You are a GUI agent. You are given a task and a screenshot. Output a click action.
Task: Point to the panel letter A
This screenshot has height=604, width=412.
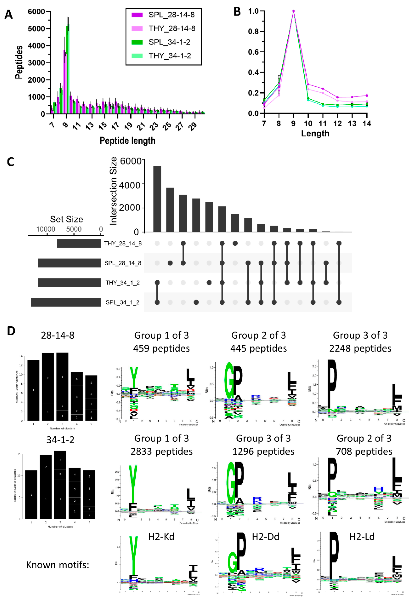[9, 15]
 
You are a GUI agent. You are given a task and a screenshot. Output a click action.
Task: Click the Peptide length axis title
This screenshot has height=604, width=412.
[127, 141]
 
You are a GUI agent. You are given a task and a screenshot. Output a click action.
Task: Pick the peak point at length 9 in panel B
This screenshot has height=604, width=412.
[294, 11]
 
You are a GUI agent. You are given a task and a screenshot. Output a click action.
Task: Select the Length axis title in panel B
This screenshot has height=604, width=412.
[315, 133]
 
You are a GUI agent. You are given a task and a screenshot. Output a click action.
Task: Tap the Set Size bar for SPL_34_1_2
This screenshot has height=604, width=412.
[66, 302]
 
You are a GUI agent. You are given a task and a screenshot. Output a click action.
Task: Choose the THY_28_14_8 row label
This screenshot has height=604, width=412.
[123, 243]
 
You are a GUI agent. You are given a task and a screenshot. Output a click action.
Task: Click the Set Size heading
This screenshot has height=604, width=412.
[67, 219]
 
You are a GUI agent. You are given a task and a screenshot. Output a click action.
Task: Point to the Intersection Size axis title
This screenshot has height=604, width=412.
[114, 191]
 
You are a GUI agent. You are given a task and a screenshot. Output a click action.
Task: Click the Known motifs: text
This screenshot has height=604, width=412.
[58, 565]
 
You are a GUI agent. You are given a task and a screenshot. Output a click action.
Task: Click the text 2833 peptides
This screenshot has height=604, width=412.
[161, 452]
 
